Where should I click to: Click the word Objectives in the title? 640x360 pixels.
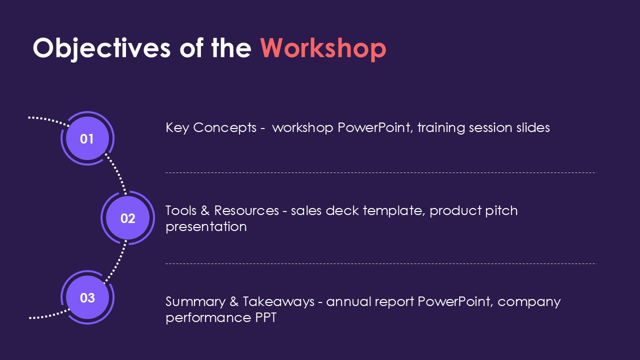click(101, 48)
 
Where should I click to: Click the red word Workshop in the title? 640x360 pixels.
click(323, 48)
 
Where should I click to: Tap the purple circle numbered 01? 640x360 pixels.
click(87, 138)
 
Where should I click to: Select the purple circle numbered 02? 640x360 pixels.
click(127, 218)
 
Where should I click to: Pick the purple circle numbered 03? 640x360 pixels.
click(87, 297)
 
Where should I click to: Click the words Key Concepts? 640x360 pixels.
click(211, 127)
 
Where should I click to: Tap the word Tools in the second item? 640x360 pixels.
click(181, 210)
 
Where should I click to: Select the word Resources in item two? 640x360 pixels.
click(246, 210)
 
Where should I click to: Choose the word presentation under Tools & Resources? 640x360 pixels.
click(206, 227)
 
